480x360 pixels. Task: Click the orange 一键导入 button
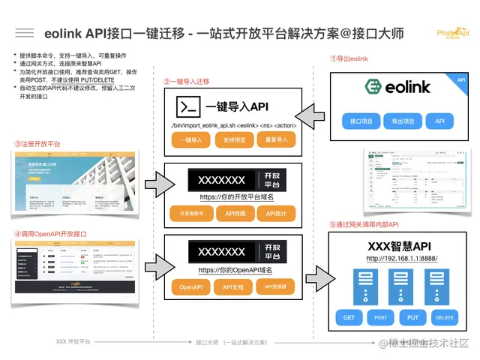pos(191,139)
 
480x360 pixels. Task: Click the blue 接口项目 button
pos(363,121)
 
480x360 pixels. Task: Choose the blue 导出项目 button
pos(403,121)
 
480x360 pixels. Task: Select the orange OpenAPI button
pos(191,287)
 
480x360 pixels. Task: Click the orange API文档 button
pos(233,287)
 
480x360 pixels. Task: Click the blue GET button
pos(349,317)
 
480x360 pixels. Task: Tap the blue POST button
pos(381,317)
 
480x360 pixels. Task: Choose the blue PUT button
pos(412,317)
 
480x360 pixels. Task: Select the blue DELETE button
pos(444,317)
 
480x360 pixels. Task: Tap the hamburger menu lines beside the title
pos(25,34)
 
